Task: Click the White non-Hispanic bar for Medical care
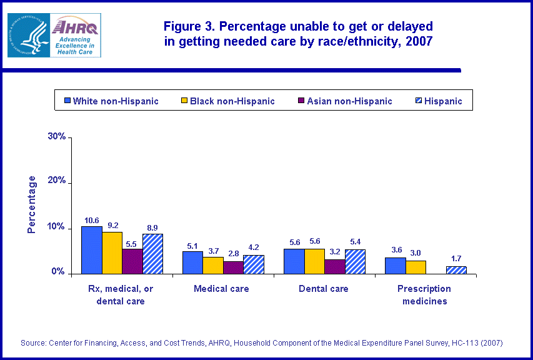click(x=192, y=262)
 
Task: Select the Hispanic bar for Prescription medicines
click(x=456, y=270)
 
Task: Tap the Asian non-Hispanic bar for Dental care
click(x=335, y=266)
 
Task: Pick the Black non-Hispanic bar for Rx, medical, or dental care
click(x=112, y=252)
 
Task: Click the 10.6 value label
click(x=91, y=220)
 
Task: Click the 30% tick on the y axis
click(x=57, y=137)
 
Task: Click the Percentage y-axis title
click(x=32, y=204)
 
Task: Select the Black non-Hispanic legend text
click(x=232, y=101)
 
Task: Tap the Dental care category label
click(x=323, y=289)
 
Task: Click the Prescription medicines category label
click(x=424, y=295)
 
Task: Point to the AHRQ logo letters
click(x=74, y=27)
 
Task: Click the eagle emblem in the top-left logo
click(x=28, y=35)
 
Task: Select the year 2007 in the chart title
click(x=418, y=42)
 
